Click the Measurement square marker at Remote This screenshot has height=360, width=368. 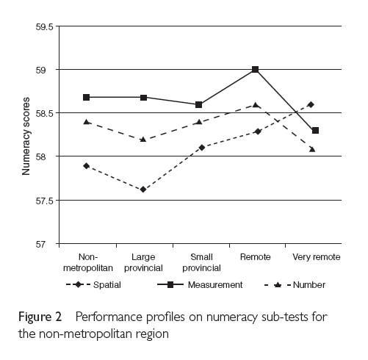(255, 70)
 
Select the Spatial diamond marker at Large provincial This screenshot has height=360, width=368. (143, 190)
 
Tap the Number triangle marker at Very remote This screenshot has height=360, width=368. (312, 149)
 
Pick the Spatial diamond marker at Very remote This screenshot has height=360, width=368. (311, 105)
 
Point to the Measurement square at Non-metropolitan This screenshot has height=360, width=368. (86, 97)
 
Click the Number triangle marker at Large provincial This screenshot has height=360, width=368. (143, 140)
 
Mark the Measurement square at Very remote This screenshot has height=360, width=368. (315, 131)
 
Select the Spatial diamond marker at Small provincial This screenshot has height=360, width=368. (202, 148)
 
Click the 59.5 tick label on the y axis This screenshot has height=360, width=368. (44, 26)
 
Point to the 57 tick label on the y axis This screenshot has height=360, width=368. (40, 245)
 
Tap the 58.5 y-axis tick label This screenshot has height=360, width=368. (44, 113)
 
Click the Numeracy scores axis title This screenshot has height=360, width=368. (26, 136)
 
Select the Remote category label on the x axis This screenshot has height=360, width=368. (255, 257)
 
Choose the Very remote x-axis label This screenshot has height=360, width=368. (317, 257)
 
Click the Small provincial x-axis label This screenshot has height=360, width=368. (201, 262)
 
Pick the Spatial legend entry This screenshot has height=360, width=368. (93, 285)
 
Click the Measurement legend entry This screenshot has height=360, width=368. (200, 285)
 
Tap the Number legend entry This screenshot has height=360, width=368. (295, 285)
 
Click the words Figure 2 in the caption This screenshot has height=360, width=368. (40, 317)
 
